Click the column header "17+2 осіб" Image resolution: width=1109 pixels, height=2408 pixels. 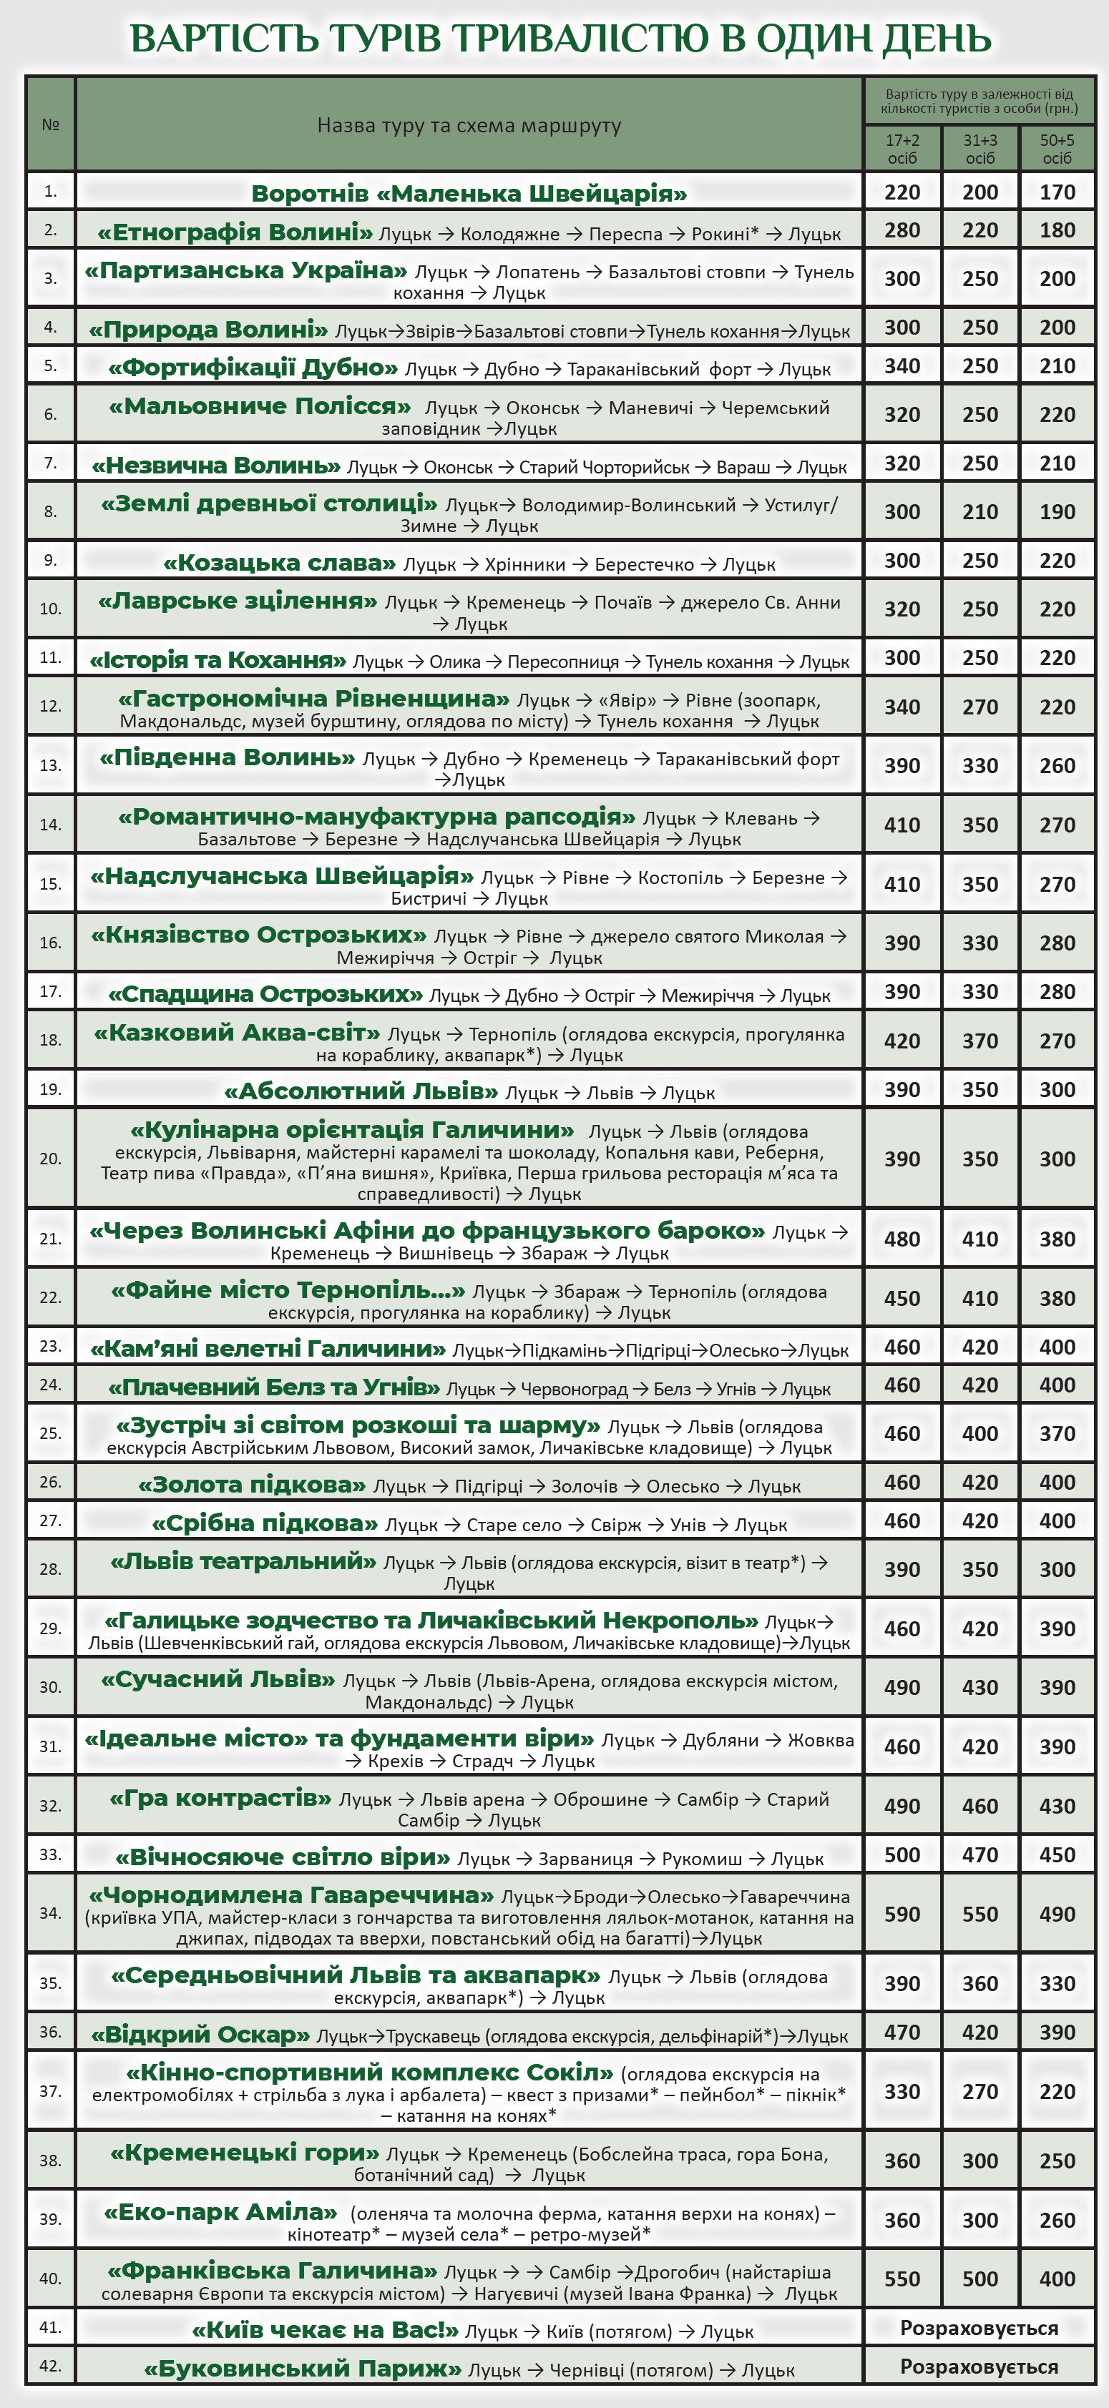coord(902,149)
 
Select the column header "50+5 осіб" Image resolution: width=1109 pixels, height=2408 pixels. coord(1057,149)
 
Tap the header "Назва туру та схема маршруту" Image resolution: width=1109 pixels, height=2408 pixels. coord(469,125)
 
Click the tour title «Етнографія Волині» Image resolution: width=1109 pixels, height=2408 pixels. coord(235,232)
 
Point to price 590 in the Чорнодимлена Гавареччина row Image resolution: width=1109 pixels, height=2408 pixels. coord(902,1915)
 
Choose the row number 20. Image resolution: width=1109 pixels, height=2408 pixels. coord(51,1158)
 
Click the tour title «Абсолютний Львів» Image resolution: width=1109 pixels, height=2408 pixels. coord(361,1091)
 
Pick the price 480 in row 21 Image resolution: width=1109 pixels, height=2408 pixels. coord(902,1239)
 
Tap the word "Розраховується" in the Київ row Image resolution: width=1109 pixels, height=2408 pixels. coord(979,2328)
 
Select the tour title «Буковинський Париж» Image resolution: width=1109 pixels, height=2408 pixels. coord(303,2368)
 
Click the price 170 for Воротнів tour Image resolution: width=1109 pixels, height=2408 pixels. coord(1057,192)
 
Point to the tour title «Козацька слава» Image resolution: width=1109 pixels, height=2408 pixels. coord(280,563)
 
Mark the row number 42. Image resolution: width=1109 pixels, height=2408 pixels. coord(51,2366)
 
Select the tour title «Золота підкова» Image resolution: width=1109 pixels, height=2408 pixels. coord(253,1485)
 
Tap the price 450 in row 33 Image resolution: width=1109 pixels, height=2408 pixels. coord(1057,1854)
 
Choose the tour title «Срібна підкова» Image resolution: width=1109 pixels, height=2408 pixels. coord(265,1523)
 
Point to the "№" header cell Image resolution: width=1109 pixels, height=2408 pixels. coord(51,124)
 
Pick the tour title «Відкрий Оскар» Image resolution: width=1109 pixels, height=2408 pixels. coord(200,2034)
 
